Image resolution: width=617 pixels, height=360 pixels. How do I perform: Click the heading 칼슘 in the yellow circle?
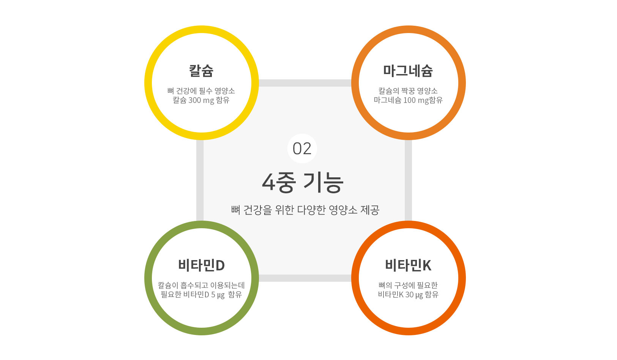pos(201,71)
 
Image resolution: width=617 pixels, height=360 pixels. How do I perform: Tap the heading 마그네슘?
pos(408,71)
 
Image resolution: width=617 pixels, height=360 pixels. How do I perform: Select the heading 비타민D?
pos(201,265)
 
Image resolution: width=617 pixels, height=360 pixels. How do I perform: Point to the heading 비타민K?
pos(408,265)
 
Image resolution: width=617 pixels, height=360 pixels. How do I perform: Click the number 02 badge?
pos(302,148)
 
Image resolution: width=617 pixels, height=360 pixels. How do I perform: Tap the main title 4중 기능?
pos(303,183)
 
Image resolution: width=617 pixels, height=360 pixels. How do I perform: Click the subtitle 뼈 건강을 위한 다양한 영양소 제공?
pos(305,210)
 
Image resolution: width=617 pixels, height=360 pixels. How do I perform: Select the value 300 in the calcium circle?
pos(195,100)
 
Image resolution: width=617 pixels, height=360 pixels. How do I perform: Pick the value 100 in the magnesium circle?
pos(409,100)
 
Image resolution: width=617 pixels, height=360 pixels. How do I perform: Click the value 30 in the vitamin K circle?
pos(409,295)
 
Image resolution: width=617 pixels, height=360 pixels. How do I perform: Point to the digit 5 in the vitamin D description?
pos(213,295)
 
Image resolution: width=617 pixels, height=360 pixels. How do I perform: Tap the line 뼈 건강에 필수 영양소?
pos(201,91)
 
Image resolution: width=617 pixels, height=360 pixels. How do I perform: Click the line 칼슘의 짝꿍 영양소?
pos(408,91)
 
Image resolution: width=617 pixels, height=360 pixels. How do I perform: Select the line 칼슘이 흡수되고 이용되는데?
pos(201,285)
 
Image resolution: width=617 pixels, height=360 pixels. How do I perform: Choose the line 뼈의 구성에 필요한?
pos(408,285)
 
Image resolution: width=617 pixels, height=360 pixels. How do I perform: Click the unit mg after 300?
pos(208,101)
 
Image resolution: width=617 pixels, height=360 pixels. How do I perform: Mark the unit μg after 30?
pos(419,295)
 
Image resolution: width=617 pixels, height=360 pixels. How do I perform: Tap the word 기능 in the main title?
pos(323,183)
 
